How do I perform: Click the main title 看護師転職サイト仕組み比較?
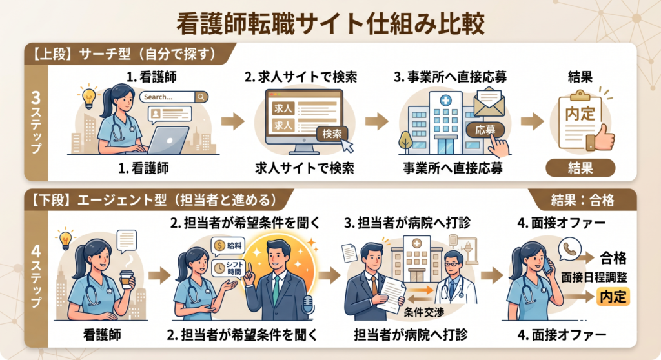tap(330, 23)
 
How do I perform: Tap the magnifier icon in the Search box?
tap(201, 97)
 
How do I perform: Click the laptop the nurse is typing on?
tap(168, 141)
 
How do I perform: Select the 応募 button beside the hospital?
tap(485, 130)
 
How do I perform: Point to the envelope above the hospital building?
tap(489, 101)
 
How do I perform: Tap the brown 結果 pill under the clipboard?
tap(580, 168)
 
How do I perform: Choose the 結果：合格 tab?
tap(583, 200)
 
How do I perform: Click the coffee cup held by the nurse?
tap(127, 279)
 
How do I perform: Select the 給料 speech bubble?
tap(229, 246)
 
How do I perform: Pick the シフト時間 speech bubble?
tap(229, 268)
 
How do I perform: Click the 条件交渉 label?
tap(424, 312)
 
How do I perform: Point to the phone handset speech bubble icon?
tap(569, 250)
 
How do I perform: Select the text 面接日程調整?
tap(594, 277)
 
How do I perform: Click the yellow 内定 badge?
tap(613, 296)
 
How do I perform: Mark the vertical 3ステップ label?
tap(36, 122)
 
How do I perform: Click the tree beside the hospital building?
tap(405, 141)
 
